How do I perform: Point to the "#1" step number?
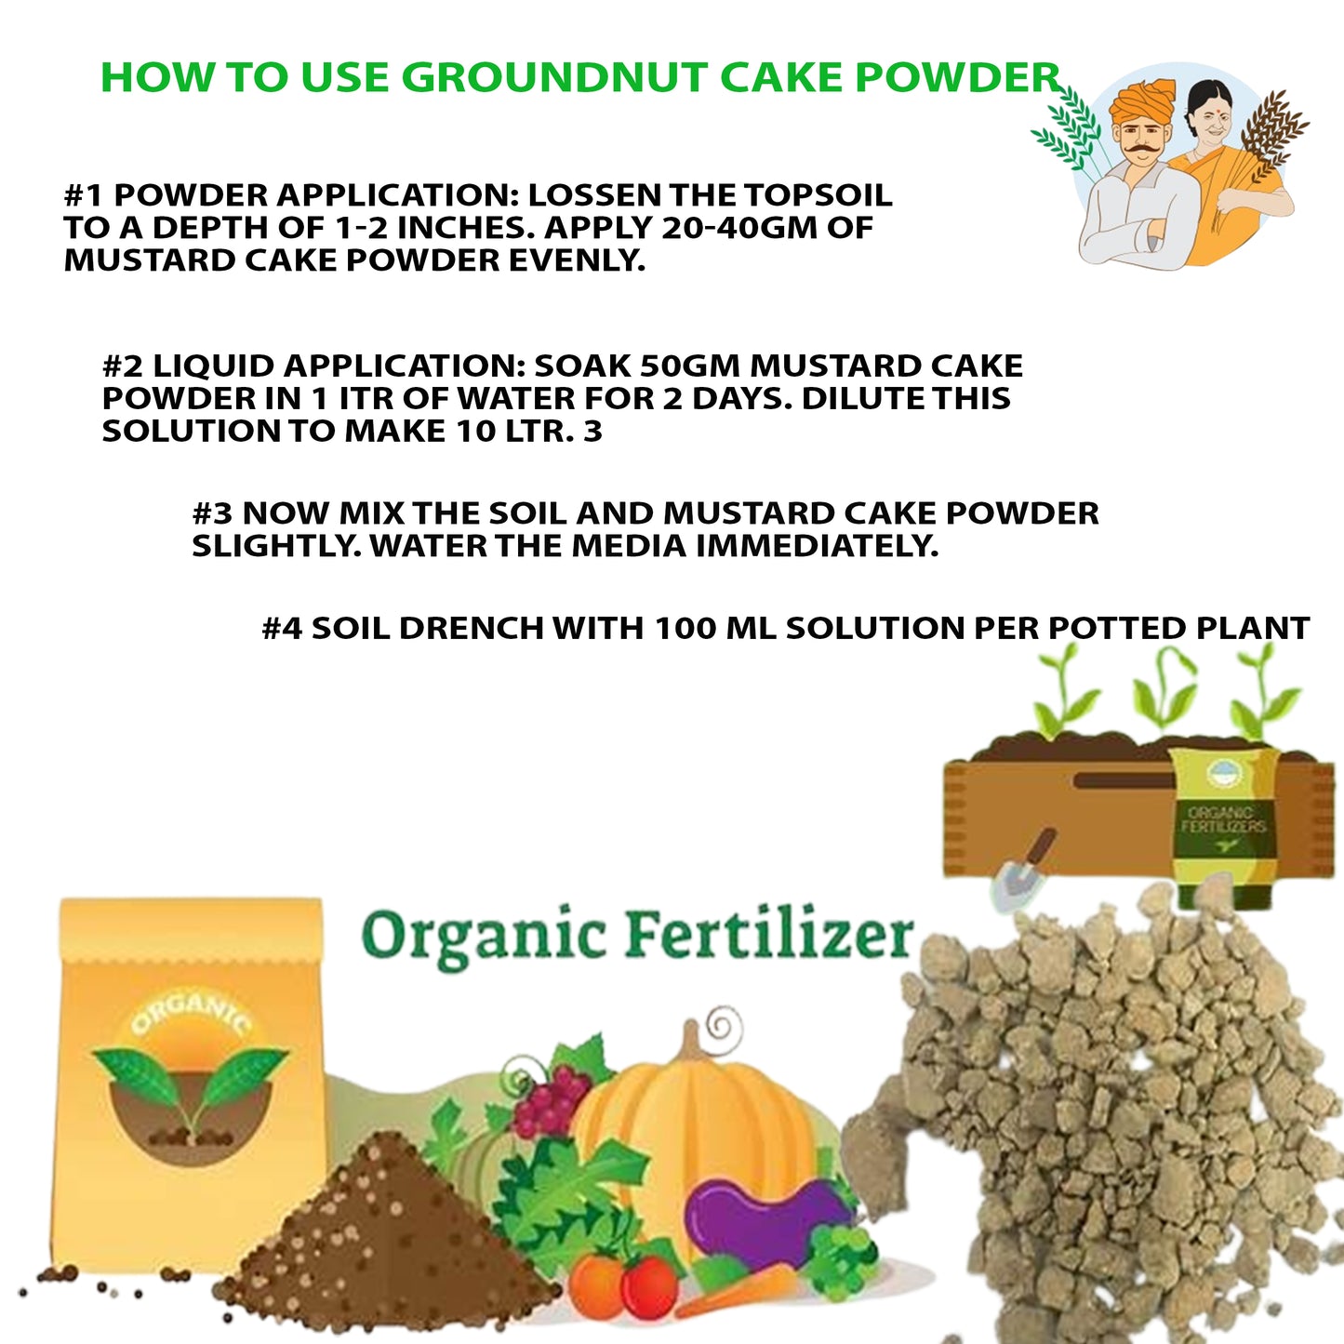click(84, 195)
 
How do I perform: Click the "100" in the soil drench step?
click(685, 628)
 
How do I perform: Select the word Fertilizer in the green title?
click(769, 935)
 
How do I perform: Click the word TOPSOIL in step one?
click(818, 195)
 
